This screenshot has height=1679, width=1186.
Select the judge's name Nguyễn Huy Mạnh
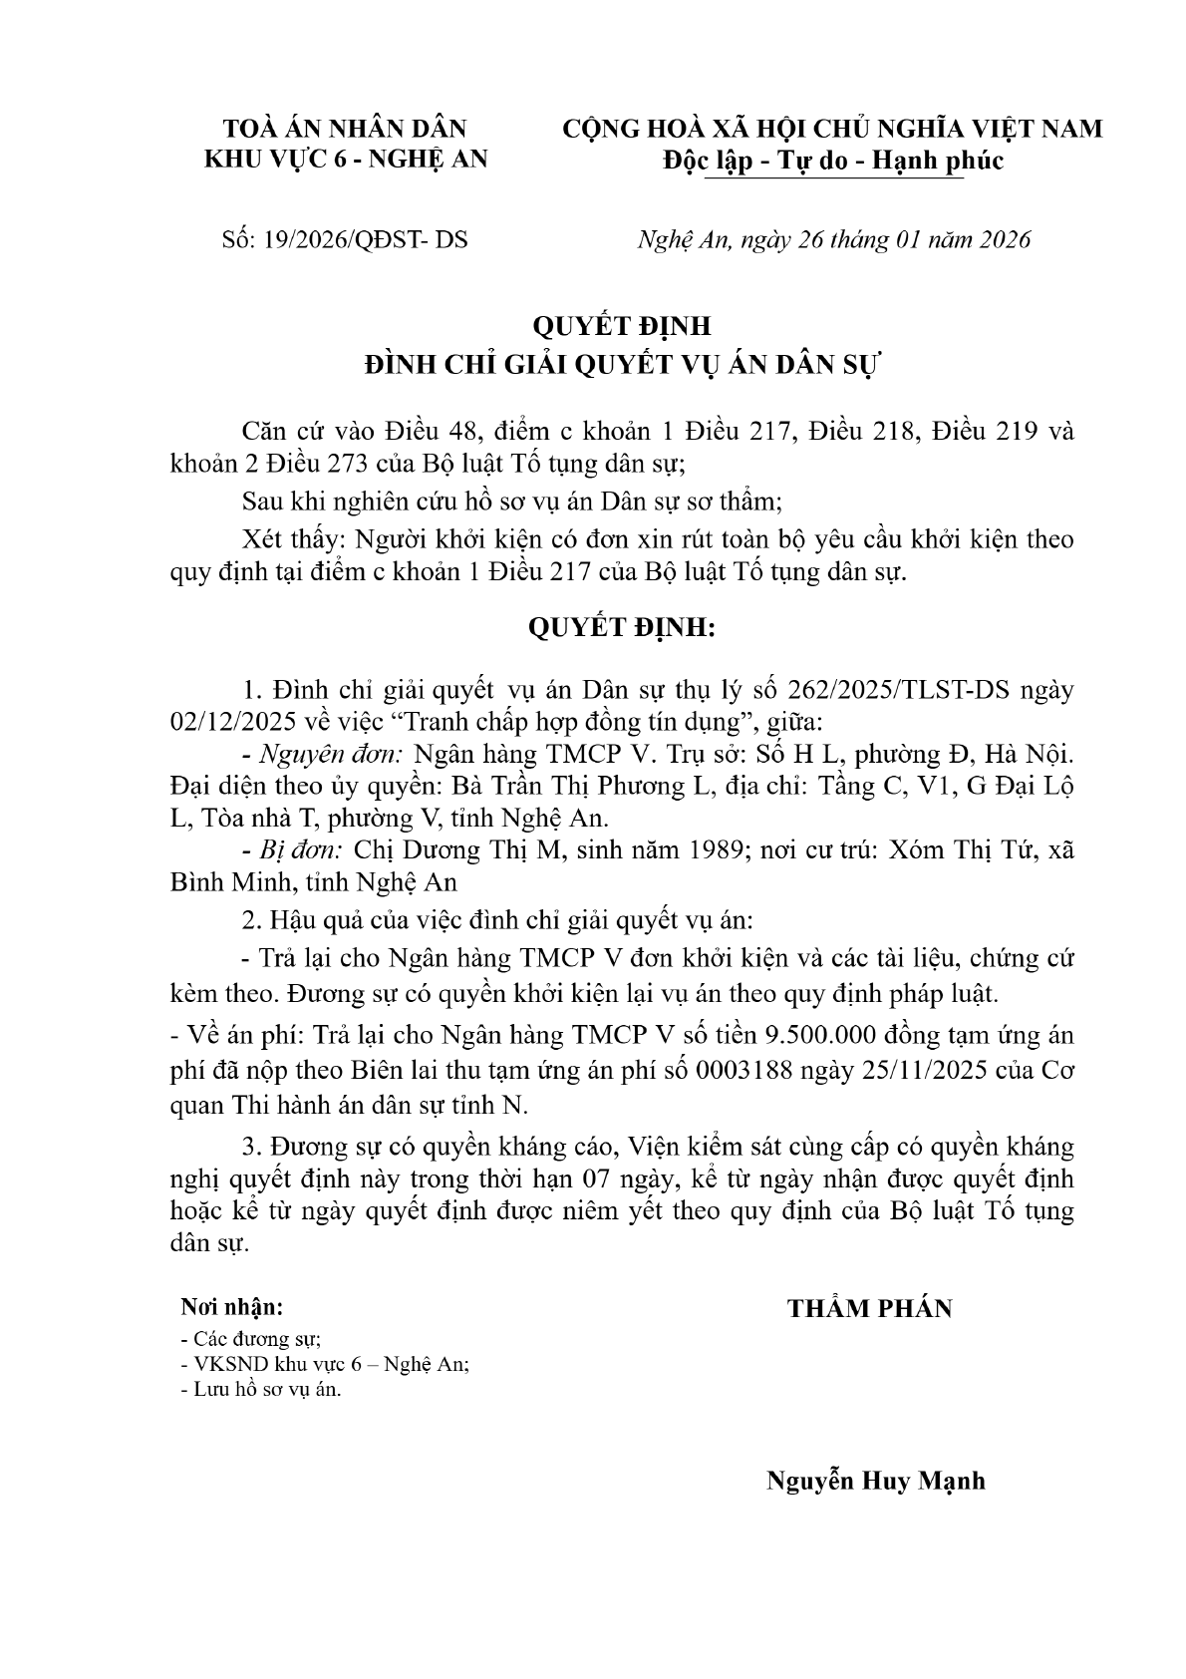point(875,1481)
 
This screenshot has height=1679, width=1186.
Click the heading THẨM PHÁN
point(869,1309)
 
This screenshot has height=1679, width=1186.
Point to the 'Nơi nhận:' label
point(231,1307)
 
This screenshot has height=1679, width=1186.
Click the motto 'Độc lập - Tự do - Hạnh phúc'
point(833,162)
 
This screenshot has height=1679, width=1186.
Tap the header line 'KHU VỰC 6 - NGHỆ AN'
point(346,159)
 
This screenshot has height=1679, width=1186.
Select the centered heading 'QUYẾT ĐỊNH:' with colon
point(622,628)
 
